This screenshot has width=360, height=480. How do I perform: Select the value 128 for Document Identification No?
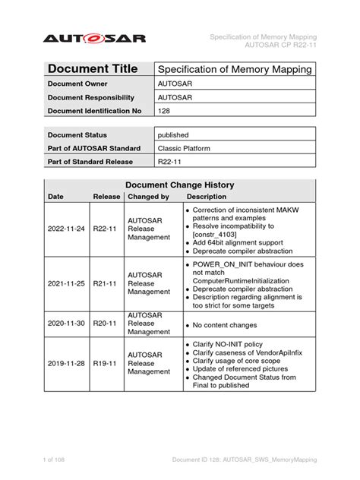coord(163,111)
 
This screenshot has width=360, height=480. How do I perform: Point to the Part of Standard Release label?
coord(90,162)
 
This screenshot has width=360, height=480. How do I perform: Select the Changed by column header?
coord(148,197)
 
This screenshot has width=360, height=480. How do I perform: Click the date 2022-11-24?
coord(67,227)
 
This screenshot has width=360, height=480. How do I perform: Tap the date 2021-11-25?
coord(67,283)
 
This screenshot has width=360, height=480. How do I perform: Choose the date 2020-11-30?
coord(67,323)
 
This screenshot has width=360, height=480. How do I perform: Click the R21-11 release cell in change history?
coord(105,283)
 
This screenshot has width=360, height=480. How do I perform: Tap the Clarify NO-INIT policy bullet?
coord(235,344)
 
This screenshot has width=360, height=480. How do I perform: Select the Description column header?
coord(207,197)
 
